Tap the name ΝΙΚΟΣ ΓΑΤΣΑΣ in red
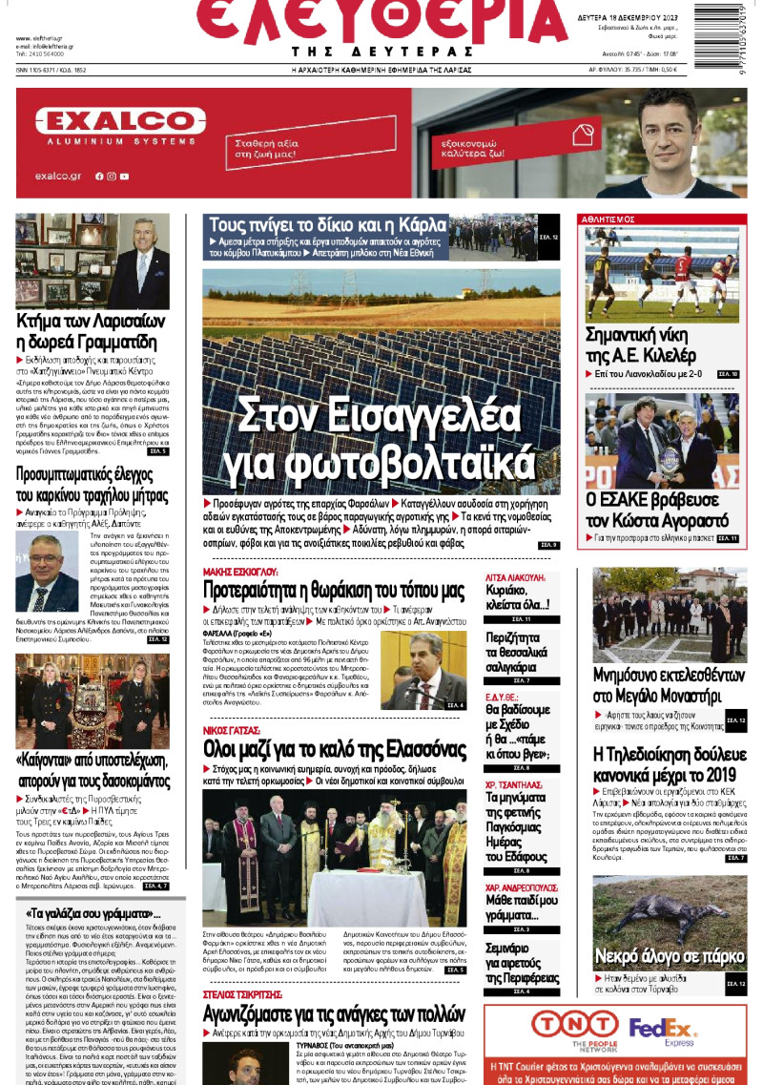(x=232, y=730)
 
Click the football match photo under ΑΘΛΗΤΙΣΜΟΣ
(x=662, y=274)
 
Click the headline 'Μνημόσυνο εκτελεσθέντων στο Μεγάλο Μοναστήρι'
(x=668, y=684)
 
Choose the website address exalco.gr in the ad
(x=57, y=176)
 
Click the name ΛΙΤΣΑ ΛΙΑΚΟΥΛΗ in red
(x=515, y=577)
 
